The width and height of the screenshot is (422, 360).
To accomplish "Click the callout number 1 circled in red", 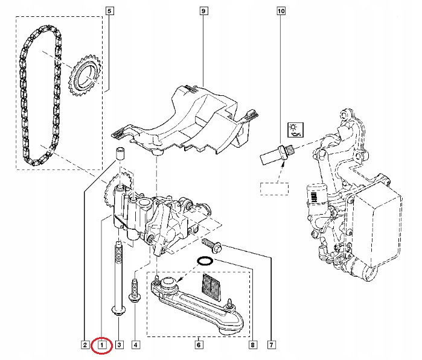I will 102,346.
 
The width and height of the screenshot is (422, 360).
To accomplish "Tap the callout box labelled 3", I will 119,346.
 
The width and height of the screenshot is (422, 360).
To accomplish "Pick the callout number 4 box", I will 135,346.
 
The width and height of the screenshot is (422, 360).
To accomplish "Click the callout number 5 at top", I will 109,11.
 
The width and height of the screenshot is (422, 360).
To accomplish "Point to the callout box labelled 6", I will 197,346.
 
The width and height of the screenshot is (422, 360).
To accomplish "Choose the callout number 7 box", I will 272,346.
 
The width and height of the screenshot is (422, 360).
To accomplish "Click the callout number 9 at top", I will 203,11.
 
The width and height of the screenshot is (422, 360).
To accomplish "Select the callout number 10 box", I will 281,11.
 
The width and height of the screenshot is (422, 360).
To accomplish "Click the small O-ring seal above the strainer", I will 205,261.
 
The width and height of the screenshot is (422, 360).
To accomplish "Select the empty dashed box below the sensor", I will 275,188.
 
